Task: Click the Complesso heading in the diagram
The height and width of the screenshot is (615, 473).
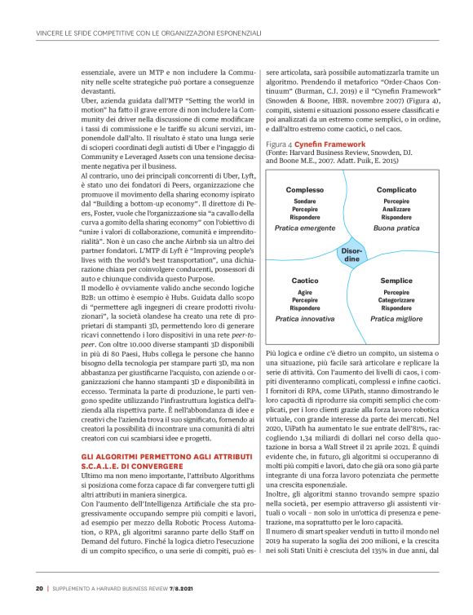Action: [x=304, y=190]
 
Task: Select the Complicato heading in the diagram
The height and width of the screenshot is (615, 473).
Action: [x=396, y=190]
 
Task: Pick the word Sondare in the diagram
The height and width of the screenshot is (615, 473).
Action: [x=304, y=201]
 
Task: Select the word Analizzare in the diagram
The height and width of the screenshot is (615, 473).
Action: [x=396, y=209]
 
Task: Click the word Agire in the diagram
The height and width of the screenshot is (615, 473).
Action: [x=304, y=291]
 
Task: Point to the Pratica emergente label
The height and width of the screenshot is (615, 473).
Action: [x=304, y=229]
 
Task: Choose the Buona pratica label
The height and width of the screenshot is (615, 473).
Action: [x=396, y=229]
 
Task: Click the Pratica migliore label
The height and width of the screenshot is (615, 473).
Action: [x=396, y=319]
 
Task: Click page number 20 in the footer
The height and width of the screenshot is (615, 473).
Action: [x=39, y=588]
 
